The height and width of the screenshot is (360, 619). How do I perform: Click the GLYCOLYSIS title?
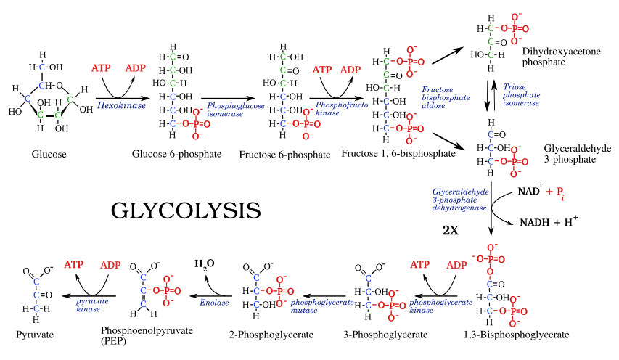click(186, 210)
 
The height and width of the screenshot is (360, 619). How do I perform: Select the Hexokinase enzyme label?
click(122, 105)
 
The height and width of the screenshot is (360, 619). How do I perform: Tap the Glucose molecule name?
click(49, 154)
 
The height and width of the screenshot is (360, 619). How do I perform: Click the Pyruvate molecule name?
click(35, 335)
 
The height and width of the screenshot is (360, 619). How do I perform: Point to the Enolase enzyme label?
click(214, 303)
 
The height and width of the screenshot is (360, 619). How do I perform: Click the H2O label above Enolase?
click(205, 264)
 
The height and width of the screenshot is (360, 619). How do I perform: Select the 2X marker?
click(451, 231)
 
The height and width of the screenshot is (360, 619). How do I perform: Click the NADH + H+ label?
click(549, 221)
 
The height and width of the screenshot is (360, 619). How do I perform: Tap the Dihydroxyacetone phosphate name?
click(562, 57)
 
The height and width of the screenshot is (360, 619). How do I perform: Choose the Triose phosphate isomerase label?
click(521, 95)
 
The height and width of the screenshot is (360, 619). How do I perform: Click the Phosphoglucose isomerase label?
click(236, 110)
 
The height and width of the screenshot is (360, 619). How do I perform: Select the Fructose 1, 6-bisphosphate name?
click(398, 154)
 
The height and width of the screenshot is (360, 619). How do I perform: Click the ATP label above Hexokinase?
click(101, 68)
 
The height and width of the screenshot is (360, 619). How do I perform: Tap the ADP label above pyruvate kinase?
click(110, 265)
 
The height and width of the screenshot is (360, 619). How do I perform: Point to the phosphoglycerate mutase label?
click(322, 306)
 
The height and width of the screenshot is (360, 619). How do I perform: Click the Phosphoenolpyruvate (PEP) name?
click(147, 335)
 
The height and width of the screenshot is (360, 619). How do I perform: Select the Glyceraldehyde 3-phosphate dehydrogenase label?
click(460, 200)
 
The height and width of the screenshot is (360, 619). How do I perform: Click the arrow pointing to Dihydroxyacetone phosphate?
click(448, 55)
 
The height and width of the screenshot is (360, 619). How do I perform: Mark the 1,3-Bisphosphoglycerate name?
click(517, 335)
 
